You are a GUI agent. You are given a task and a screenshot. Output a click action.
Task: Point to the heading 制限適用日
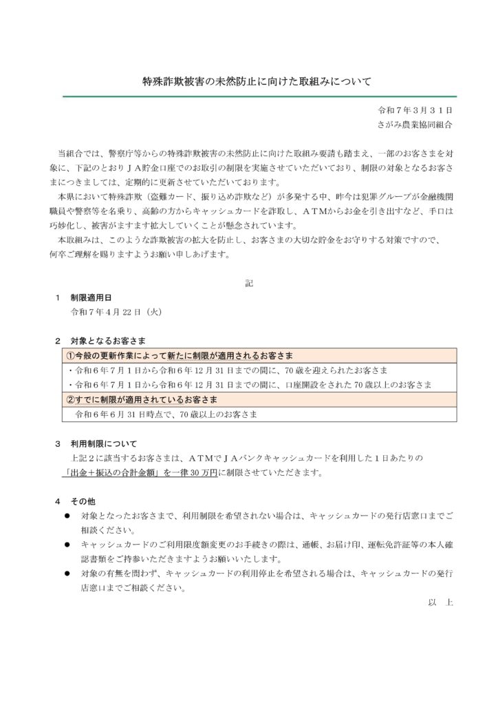[87, 298]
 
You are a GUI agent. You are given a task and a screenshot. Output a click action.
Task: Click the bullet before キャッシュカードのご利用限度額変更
[67, 544]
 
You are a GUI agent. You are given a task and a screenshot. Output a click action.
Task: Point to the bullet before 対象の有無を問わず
[67, 573]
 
